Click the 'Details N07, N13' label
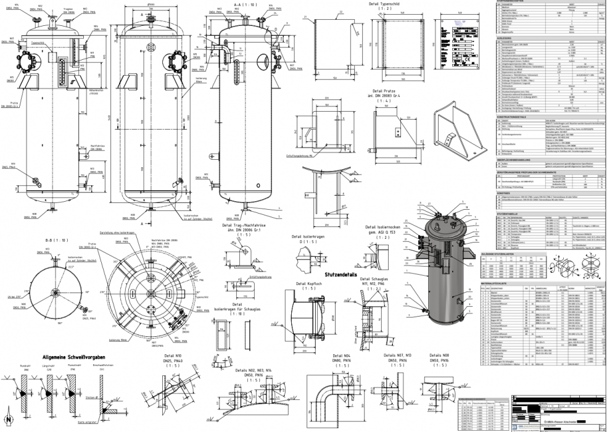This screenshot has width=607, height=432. pos(398,356)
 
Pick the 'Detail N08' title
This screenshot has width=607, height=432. pos(437,356)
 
